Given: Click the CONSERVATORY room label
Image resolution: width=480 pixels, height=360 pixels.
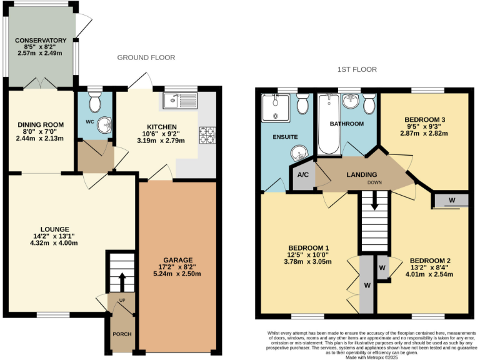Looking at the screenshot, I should [x=41, y=41].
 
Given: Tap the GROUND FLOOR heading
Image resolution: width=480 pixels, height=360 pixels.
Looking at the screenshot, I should [x=146, y=57].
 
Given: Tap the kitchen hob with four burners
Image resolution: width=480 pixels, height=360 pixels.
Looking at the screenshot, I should [x=206, y=134].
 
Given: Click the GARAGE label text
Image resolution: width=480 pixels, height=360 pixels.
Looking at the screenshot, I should [x=178, y=260].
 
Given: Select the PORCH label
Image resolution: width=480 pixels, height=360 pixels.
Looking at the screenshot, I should [x=121, y=334].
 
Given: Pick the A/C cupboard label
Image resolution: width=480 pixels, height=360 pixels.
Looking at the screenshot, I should [x=303, y=176].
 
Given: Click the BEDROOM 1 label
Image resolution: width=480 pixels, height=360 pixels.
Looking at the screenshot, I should [x=309, y=247].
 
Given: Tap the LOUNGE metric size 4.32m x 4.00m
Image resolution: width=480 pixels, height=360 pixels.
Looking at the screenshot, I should [x=55, y=243].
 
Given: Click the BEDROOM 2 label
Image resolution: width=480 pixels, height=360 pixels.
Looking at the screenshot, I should [x=430, y=261].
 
